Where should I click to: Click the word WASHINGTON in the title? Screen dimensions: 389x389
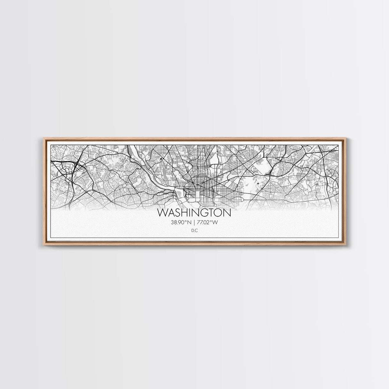point(194,213)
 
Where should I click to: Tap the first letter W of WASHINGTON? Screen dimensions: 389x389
point(162,213)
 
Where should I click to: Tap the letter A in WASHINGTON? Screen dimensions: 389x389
point(170,213)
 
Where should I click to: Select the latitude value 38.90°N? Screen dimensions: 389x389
point(181,222)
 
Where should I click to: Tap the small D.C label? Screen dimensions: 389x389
point(194,230)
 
